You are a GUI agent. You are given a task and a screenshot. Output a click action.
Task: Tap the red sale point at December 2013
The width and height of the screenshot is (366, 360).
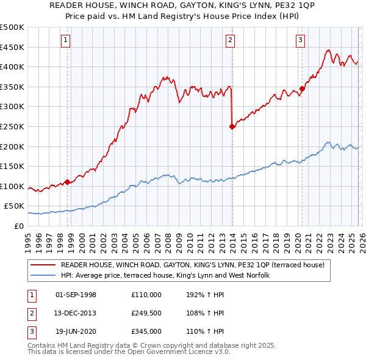click(232, 127)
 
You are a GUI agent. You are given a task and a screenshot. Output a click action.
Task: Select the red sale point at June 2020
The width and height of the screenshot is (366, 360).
click(302, 88)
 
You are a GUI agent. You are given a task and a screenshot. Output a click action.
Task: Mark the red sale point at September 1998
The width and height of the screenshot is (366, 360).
click(67, 182)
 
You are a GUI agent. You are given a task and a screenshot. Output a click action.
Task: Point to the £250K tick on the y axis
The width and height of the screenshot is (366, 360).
click(12, 126)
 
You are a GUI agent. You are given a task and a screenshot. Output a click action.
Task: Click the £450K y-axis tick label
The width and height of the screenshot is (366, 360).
click(12, 47)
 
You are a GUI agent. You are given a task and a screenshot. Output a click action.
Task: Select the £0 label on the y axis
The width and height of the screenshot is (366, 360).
click(18, 226)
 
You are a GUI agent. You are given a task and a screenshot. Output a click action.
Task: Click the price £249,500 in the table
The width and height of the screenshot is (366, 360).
click(146, 313)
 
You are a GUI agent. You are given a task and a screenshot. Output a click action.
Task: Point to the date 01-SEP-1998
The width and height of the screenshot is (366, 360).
click(76, 295)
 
